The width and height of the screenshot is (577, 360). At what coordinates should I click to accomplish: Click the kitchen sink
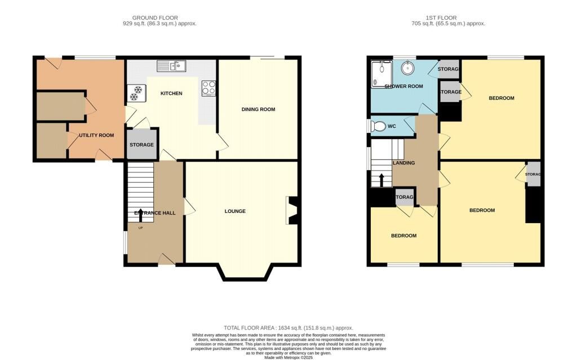pos(171,66)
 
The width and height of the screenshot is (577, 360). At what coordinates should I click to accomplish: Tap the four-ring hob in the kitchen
pos(208,88)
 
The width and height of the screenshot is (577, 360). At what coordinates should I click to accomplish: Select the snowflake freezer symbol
pos(137,93)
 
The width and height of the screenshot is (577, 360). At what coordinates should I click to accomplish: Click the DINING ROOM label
pos(258,109)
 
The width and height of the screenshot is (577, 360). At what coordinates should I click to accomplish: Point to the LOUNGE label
pos(235,211)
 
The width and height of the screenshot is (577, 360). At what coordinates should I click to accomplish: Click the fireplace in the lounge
pos(292,210)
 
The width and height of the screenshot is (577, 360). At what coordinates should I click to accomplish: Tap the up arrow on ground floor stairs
pos(140,215)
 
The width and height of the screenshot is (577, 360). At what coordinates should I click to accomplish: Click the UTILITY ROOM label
pos(96,135)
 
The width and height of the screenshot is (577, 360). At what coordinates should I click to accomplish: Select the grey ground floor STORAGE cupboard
pos(141,144)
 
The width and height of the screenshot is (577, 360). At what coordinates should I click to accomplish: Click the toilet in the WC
pos(377,126)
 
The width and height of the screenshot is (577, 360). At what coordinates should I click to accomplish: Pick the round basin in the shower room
pos(408,68)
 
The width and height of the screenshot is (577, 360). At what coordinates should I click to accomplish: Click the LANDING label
pos(403,163)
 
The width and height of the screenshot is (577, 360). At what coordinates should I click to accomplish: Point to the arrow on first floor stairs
pos(381,180)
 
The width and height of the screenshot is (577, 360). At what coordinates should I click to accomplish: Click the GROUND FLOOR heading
pos(155,17)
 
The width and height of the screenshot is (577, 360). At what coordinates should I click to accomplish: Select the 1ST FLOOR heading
pos(441,17)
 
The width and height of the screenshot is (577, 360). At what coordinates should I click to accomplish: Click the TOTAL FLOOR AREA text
pos(288,328)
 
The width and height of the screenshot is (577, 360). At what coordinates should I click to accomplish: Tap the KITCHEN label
pos(171,94)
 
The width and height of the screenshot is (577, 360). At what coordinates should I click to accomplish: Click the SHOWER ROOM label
pos(403,87)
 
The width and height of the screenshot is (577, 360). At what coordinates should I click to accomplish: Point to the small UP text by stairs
pos(140,228)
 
